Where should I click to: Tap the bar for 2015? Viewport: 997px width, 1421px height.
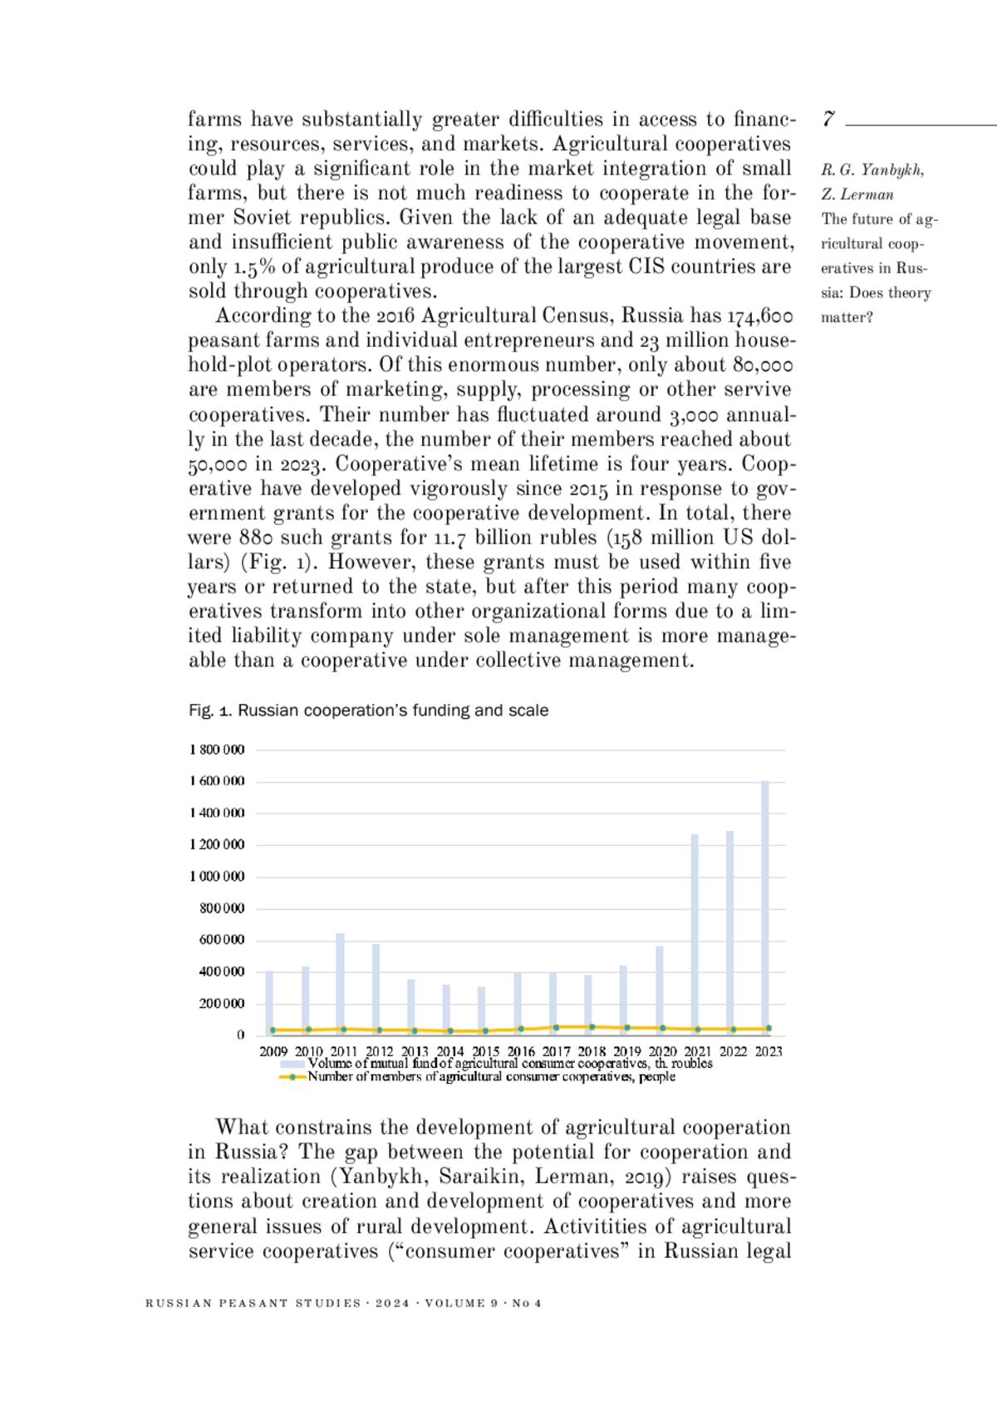pyautogui.click(x=481, y=1009)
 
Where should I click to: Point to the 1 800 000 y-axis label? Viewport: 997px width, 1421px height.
pyautogui.click(x=217, y=750)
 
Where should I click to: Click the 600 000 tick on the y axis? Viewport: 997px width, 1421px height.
pyautogui.click(x=222, y=940)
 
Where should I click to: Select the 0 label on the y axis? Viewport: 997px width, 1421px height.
pyautogui.click(x=241, y=1035)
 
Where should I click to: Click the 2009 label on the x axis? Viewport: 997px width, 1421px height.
pyautogui.click(x=273, y=1051)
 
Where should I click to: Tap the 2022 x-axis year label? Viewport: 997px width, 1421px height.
pyautogui.click(x=733, y=1051)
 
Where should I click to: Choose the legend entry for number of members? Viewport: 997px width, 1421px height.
pyautogui.click(x=491, y=1077)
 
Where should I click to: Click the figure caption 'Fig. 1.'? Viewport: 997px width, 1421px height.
pyautogui.click(x=211, y=710)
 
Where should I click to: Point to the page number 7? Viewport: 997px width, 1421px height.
pyautogui.click(x=828, y=120)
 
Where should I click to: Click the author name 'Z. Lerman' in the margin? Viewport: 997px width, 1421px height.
pyautogui.click(x=857, y=194)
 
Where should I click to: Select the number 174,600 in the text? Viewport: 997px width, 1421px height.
pyautogui.click(x=759, y=316)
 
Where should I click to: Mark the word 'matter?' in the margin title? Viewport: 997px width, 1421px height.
pyautogui.click(x=847, y=317)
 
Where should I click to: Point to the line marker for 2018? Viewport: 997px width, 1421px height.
pyautogui.click(x=592, y=1027)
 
